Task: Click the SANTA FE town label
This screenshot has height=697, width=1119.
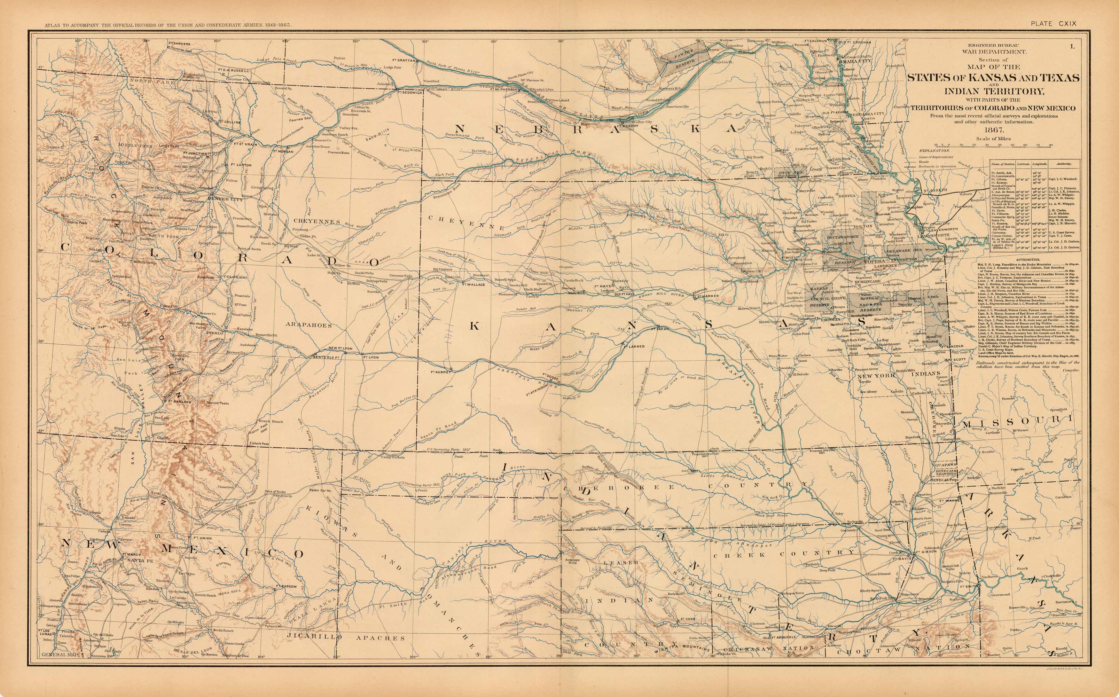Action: pyautogui.click(x=140, y=560)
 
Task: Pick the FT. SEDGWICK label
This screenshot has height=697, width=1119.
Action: pyautogui.click(x=410, y=92)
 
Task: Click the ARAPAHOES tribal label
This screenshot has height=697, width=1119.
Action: pyautogui.click(x=308, y=325)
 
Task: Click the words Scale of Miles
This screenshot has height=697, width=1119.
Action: pyautogui.click(x=993, y=138)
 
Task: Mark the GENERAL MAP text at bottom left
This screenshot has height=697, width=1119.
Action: pyautogui.click(x=60, y=654)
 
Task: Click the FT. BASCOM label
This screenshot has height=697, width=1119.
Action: pyautogui.click(x=286, y=586)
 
